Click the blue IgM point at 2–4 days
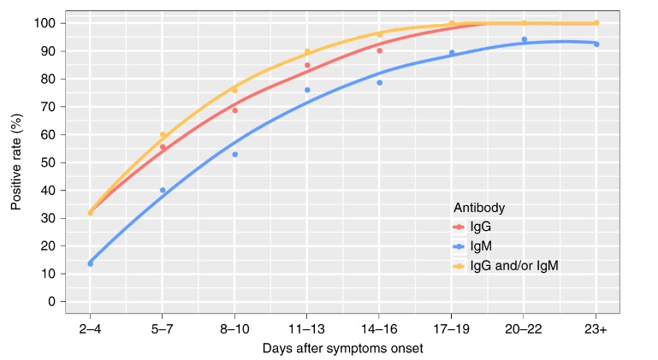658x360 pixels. click(x=90, y=263)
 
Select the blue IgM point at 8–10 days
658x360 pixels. click(x=235, y=155)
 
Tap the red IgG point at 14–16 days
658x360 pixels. click(x=379, y=50)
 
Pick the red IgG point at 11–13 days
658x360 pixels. click(x=307, y=65)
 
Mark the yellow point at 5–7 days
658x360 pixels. click(x=163, y=135)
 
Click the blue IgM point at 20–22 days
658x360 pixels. click(x=525, y=39)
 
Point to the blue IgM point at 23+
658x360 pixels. click(x=596, y=44)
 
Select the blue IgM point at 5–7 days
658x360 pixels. click(x=163, y=190)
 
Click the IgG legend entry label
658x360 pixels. click(x=481, y=227)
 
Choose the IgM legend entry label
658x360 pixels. click(x=481, y=246)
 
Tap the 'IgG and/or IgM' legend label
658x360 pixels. click(x=514, y=266)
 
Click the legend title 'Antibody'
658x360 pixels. click(x=479, y=208)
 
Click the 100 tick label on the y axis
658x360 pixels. click(x=44, y=23)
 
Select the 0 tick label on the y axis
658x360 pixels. click(x=51, y=302)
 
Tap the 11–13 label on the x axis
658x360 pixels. click(x=307, y=329)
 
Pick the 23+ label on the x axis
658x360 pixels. click(x=596, y=329)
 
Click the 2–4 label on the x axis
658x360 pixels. click(x=90, y=329)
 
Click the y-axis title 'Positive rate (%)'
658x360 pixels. click(x=16, y=162)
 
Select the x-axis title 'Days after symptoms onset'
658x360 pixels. click(x=343, y=348)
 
